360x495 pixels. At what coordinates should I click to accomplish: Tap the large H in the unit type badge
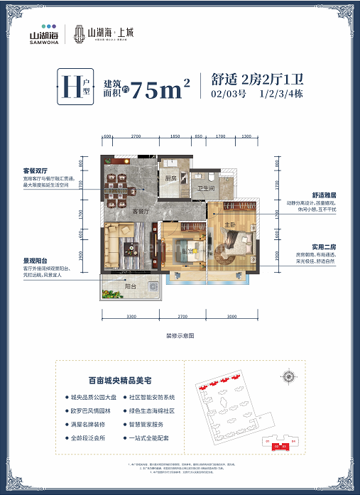click(72, 89)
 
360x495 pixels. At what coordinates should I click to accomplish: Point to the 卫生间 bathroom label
click(206, 188)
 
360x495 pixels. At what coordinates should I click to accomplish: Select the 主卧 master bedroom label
click(229, 226)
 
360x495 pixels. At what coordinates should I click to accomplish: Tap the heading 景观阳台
click(36, 261)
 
